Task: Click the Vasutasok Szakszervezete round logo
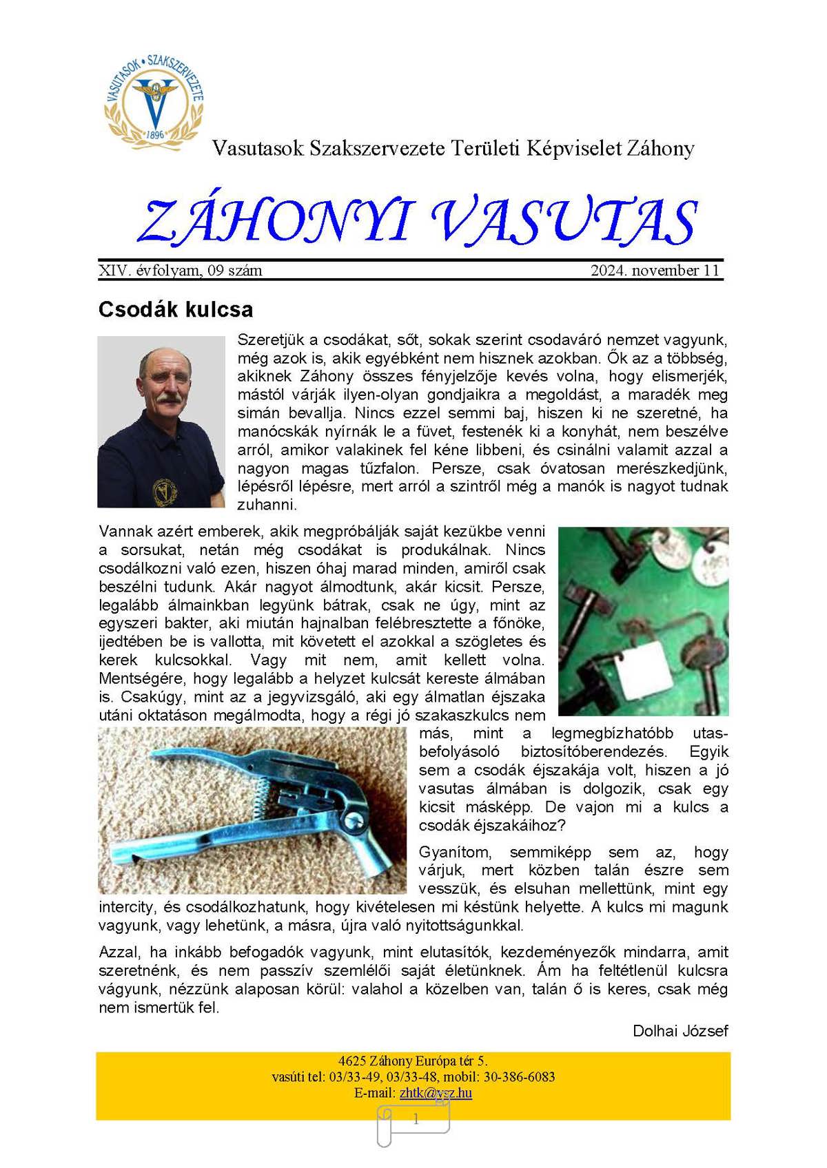(x=154, y=97)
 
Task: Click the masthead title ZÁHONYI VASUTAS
(x=418, y=222)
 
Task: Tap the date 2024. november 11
(x=655, y=271)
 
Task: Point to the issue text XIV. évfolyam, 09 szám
(x=181, y=271)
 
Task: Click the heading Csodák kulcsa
(x=176, y=309)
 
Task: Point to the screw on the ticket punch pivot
(x=354, y=820)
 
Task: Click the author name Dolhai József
(x=680, y=1031)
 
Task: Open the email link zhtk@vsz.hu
(x=436, y=1093)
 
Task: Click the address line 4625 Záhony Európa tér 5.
(x=413, y=1061)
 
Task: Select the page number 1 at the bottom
(x=416, y=1120)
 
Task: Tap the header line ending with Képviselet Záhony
(x=453, y=148)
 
